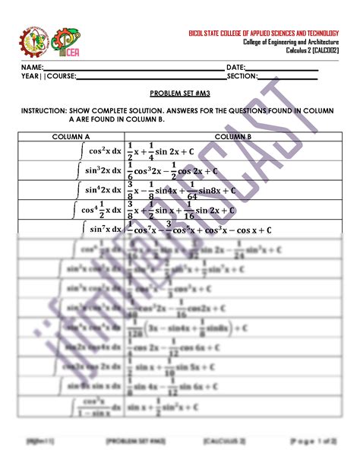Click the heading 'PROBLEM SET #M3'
point(180,90)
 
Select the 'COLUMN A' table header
point(71,137)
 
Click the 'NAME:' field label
point(32,68)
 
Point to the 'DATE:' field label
point(236,68)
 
